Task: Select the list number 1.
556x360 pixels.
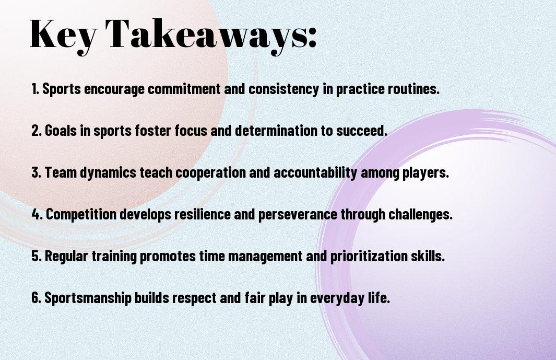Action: (35, 89)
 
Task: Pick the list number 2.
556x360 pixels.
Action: (36, 131)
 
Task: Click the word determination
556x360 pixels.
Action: (276, 131)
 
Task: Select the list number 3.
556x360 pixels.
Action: (36, 172)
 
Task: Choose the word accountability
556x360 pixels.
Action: (315, 173)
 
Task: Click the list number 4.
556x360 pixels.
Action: (37, 214)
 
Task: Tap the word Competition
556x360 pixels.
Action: (81, 214)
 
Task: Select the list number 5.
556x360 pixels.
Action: (36, 256)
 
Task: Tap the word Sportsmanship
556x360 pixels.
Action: (88, 298)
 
